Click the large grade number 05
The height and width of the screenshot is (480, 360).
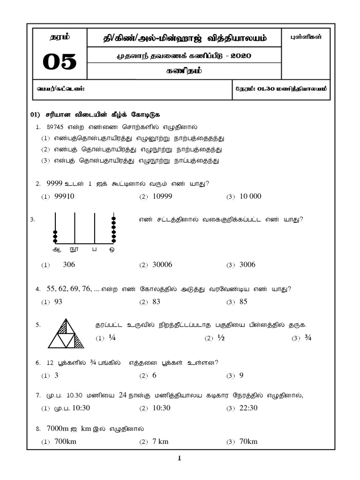click(59, 62)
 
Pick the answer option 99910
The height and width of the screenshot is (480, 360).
click(65, 196)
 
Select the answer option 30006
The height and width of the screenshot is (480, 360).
click(162, 264)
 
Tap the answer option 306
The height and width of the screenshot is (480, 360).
click(69, 264)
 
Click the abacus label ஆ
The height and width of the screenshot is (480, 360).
click(56, 250)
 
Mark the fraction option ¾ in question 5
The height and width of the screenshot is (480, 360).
click(307, 338)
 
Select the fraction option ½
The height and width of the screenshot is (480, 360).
click(221, 338)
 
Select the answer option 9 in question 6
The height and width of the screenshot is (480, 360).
click(241, 375)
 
